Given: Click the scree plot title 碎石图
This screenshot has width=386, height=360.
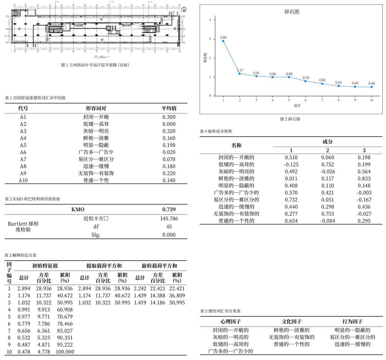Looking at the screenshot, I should click(x=292, y=12).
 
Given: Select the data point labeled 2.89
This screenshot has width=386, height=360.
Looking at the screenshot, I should click(x=223, y=41).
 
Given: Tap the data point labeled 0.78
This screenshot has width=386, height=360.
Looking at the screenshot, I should click(x=306, y=81).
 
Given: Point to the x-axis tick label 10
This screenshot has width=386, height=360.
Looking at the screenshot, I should click(x=372, y=100).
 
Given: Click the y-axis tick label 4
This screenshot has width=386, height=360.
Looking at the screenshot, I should click(x=210, y=20).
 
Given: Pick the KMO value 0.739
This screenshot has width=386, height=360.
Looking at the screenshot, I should click(x=169, y=210).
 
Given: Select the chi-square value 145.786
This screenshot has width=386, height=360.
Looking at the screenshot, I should click(x=169, y=219).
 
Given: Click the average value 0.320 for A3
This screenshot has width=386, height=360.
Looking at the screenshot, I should click(x=169, y=131).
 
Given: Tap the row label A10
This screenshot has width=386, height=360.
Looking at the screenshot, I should click(x=23, y=180).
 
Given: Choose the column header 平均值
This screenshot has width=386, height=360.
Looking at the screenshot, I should click(x=169, y=108).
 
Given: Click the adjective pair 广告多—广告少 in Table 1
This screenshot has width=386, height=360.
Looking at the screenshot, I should click(x=96, y=152).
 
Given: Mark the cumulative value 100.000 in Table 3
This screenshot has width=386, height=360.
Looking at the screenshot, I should click(x=65, y=352).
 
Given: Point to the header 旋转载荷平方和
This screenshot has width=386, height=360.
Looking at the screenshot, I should click(x=159, y=266).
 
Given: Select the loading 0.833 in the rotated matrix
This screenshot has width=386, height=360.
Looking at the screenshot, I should click(x=364, y=179).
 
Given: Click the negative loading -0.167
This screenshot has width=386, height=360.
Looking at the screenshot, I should click(x=364, y=200).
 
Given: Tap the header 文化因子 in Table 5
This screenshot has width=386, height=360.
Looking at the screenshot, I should click(x=291, y=321).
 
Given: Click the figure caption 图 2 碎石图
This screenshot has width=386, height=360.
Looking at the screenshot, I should click(x=290, y=119).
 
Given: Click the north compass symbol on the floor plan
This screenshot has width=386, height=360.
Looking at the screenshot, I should click(x=184, y=10).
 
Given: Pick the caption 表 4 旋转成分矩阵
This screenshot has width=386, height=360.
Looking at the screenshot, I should click(x=216, y=131).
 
